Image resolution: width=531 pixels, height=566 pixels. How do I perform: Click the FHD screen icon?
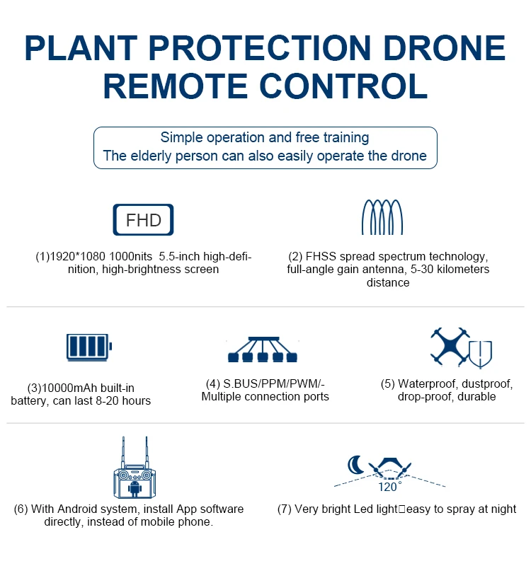(x=143, y=220)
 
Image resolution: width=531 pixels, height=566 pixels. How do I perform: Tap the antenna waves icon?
(x=382, y=217)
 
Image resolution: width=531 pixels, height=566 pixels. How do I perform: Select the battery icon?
(x=89, y=347)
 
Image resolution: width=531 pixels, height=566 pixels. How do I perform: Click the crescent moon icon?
(x=356, y=464)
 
